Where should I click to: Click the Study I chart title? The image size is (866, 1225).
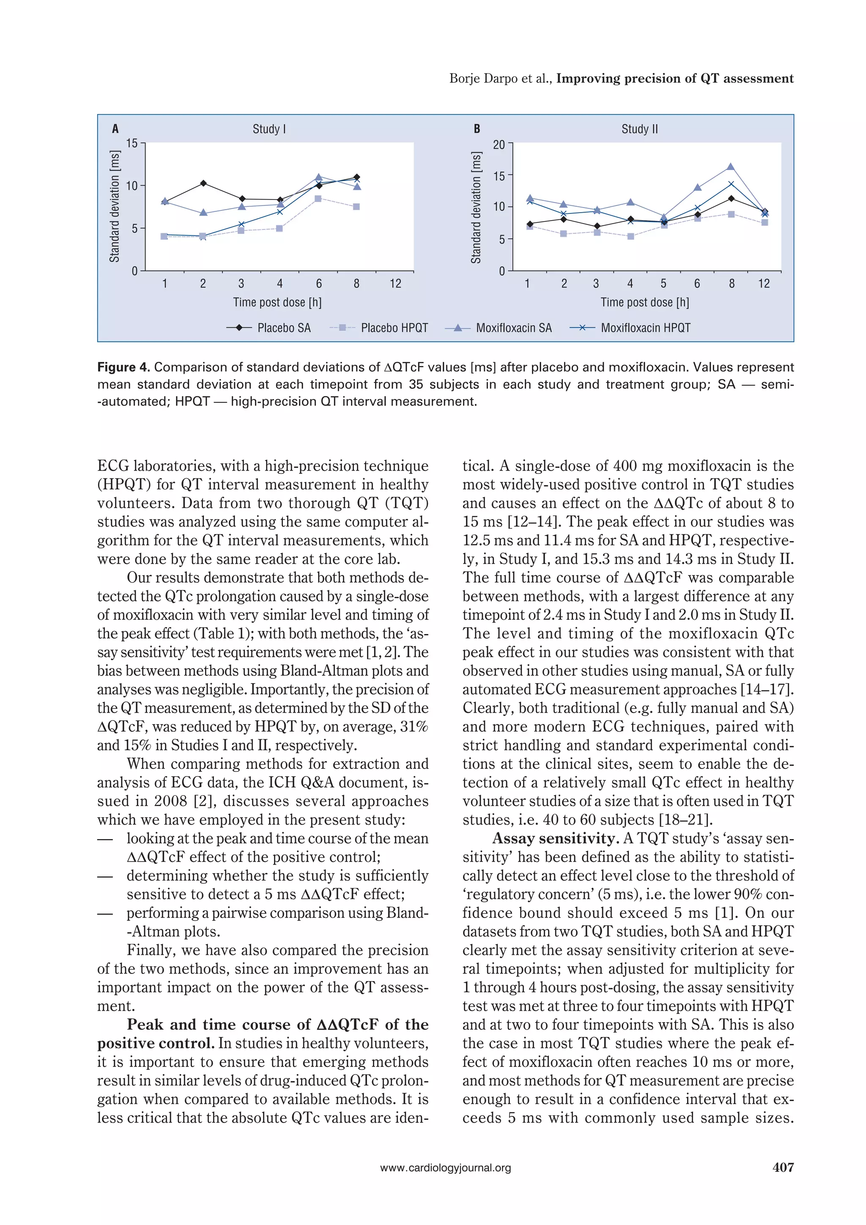269,129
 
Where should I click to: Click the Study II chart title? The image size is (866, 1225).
639,129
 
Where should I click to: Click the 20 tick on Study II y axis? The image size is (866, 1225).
499,145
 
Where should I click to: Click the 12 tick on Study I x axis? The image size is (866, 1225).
395,284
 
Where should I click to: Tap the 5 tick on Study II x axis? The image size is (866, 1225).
663,284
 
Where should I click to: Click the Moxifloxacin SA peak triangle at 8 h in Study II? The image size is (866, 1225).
730,167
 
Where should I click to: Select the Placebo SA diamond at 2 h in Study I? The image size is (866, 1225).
203,183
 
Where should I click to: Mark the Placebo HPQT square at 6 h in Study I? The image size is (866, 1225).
318,199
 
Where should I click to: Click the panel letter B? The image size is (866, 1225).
477,129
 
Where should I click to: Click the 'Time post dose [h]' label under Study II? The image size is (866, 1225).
644,303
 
